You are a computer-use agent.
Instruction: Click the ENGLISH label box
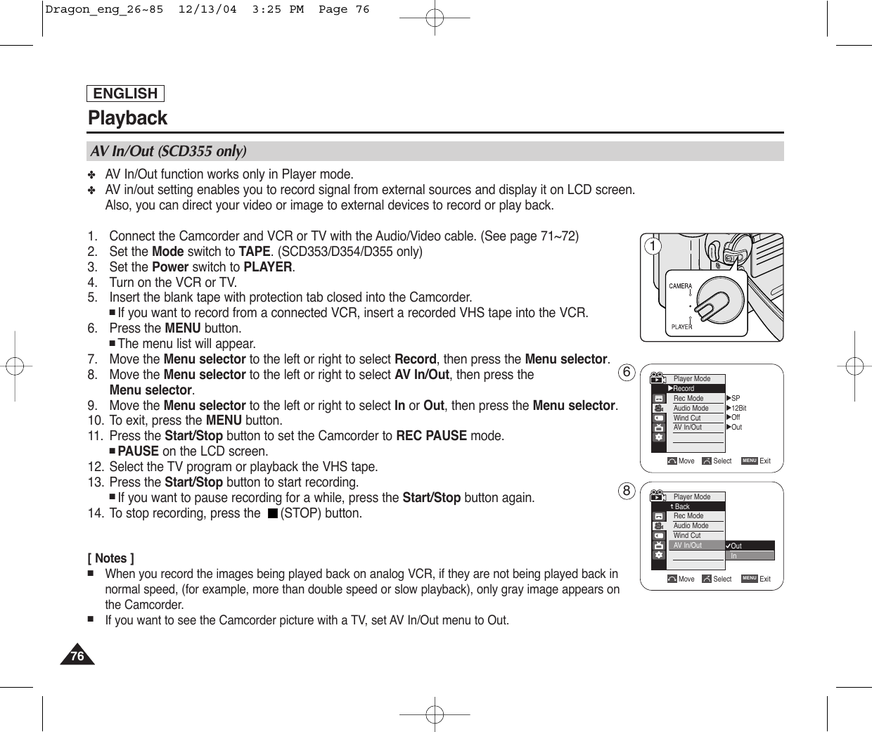pyautogui.click(x=126, y=94)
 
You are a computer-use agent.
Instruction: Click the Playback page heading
pyautogui.click(x=128, y=117)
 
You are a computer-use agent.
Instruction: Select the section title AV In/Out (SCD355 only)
pyautogui.click(x=167, y=151)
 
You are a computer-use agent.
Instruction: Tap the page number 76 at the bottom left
pyautogui.click(x=77, y=657)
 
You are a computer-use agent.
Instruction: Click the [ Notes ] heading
pyautogui.click(x=111, y=558)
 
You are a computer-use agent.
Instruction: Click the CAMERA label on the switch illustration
pyautogui.click(x=680, y=286)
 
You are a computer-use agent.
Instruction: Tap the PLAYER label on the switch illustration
pyautogui.click(x=681, y=326)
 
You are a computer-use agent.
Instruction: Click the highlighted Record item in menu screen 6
pyautogui.click(x=684, y=388)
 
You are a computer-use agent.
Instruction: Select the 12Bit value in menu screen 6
pyautogui.click(x=738, y=408)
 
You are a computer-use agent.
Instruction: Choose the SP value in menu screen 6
pyautogui.click(x=736, y=398)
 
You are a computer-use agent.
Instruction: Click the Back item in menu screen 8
pyautogui.click(x=681, y=506)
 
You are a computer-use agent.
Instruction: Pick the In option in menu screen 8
pyautogui.click(x=734, y=556)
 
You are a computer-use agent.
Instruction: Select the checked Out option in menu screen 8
pyautogui.click(x=736, y=546)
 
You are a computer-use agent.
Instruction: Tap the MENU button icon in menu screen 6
pyautogui.click(x=749, y=461)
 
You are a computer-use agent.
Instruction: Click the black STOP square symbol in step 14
pyautogui.click(x=271, y=513)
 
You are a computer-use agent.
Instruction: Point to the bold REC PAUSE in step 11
pyautogui.click(x=431, y=436)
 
